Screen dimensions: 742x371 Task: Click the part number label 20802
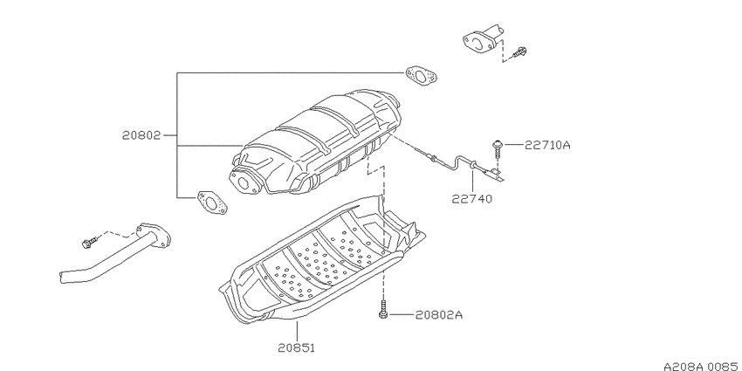pos(142,135)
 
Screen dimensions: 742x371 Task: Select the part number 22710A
pos(547,145)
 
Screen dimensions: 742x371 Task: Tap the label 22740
pos(471,199)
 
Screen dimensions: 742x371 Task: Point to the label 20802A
pos(439,315)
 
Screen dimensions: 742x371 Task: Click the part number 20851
pos(296,347)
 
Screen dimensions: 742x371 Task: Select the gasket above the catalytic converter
pos(421,77)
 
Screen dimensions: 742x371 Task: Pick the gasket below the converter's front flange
pos(212,203)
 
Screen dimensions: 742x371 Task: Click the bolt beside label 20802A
pos(382,310)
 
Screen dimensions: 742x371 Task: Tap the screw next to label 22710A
pos(498,148)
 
